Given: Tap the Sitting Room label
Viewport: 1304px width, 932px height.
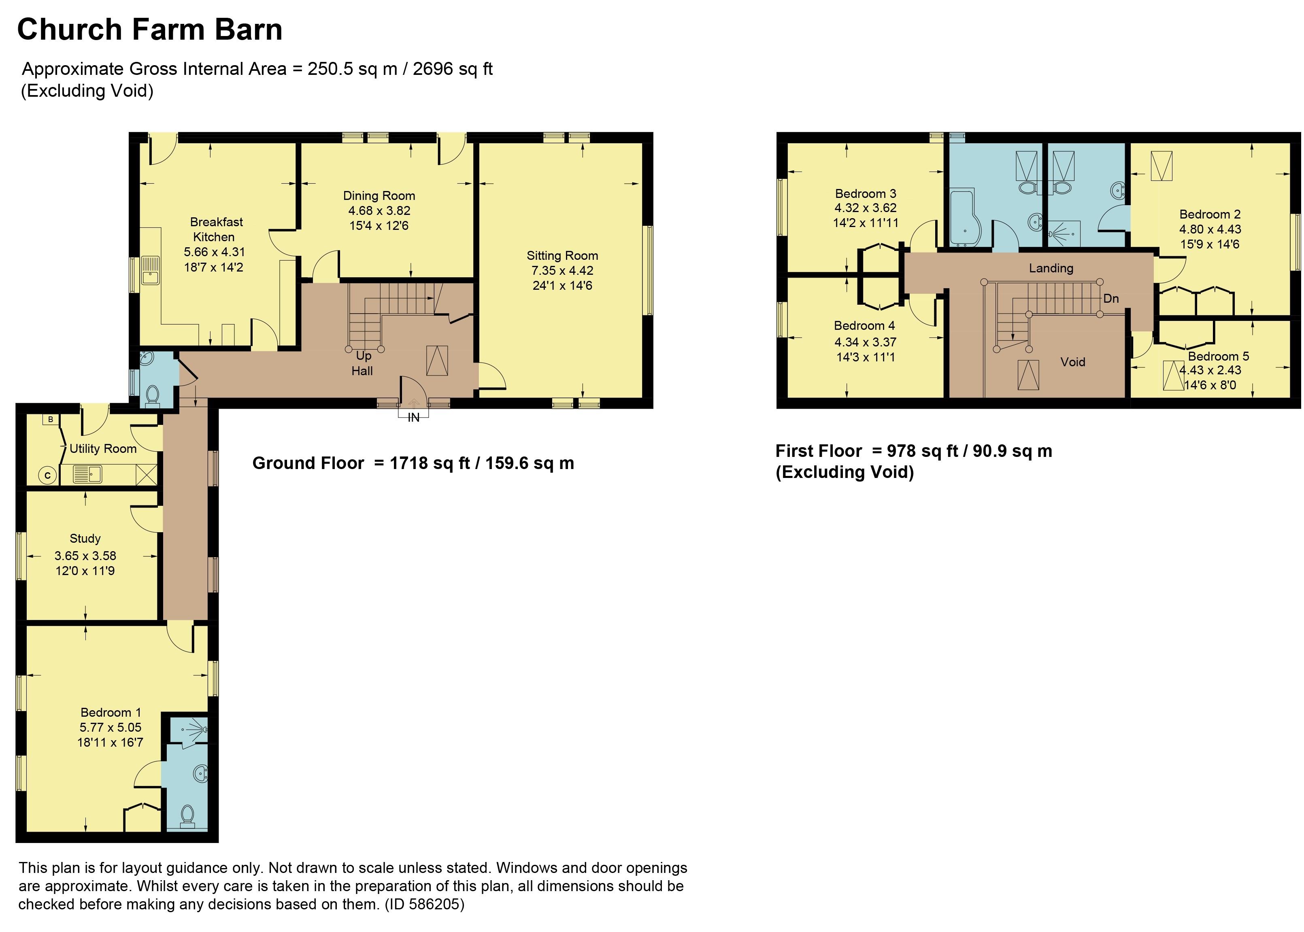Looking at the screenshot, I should pyautogui.click(x=562, y=255).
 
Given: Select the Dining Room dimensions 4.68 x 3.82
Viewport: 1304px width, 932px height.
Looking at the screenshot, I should pyautogui.click(x=379, y=210).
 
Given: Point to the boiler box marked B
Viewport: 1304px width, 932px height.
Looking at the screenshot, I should pyautogui.click(x=51, y=420).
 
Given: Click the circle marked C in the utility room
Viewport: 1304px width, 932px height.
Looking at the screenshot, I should pyautogui.click(x=48, y=475).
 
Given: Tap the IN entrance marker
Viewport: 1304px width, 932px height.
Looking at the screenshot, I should pyautogui.click(x=413, y=418).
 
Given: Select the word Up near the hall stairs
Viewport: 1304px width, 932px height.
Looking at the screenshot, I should pyautogui.click(x=363, y=356).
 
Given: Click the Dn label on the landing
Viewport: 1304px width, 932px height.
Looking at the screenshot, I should pyautogui.click(x=1110, y=298).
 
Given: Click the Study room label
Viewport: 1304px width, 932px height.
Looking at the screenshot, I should pyautogui.click(x=85, y=538).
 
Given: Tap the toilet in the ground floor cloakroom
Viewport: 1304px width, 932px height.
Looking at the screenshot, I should pyautogui.click(x=153, y=395).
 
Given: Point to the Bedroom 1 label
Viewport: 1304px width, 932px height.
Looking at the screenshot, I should pyautogui.click(x=110, y=712).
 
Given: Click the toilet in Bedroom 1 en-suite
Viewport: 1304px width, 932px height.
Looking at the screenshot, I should pyautogui.click(x=187, y=815).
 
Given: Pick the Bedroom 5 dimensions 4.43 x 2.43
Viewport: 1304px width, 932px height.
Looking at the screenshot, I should pyautogui.click(x=1210, y=370).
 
